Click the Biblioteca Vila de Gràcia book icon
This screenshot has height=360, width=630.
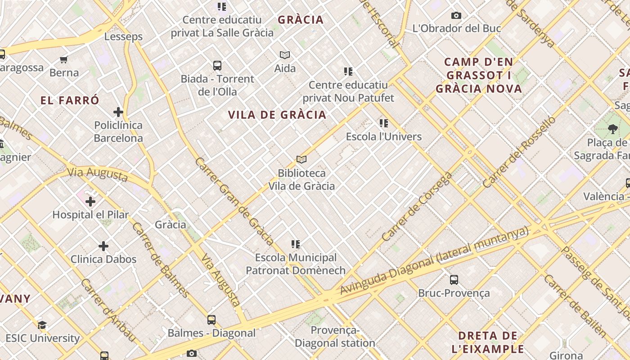coord(301,159)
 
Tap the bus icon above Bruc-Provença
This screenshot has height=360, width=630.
coord(454,279)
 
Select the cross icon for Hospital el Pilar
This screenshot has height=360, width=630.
coord(90,201)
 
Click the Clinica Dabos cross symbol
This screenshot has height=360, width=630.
coord(103,246)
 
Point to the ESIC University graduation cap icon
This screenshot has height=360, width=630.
coord(42,325)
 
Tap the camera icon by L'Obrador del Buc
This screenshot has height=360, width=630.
coord(456,16)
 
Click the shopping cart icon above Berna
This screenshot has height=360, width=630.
coord(64,59)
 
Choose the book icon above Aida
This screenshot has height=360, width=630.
coord(285,55)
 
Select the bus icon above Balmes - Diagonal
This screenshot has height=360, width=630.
coord(211,320)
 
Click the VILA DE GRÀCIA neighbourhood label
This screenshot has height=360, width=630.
coord(277,115)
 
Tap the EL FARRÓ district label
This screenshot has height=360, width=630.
coord(70,100)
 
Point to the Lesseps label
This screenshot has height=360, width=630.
coord(123,36)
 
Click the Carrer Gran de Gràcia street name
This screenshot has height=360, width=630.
coord(234,201)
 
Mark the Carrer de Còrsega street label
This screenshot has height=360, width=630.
coord(417,207)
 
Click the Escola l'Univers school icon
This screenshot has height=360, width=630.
coord(384,123)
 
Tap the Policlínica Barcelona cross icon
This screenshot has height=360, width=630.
coord(118,112)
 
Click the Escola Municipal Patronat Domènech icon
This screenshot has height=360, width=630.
coord(296,244)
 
